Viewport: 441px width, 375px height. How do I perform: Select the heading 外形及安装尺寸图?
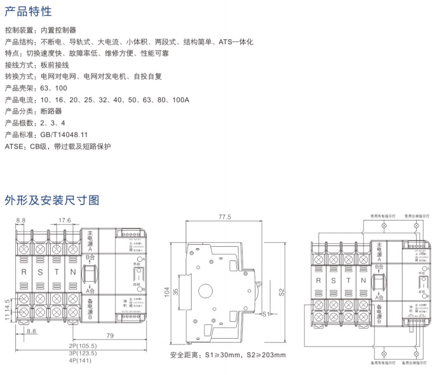tap(52, 200)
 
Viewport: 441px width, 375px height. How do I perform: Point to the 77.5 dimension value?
tap(225, 216)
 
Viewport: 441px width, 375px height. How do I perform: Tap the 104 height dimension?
tap(167, 293)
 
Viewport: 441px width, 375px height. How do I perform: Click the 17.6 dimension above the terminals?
tap(64, 220)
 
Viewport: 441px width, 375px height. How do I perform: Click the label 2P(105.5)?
tap(83, 345)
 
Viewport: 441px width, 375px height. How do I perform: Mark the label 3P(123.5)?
tap(83, 353)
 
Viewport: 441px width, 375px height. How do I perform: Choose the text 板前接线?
tap(55, 65)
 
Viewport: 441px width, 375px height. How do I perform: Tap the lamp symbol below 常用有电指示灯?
tap(384, 226)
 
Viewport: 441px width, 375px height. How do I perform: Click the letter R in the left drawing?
tap(24, 272)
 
